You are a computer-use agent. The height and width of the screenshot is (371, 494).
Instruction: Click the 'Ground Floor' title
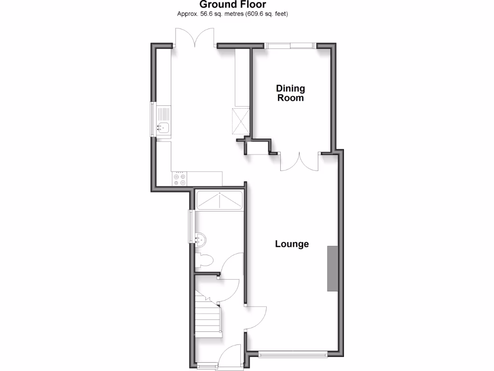(x=233, y=5)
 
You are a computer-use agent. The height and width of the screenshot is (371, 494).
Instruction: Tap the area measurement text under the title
(x=233, y=14)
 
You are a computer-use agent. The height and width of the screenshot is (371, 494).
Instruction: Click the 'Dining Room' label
(x=290, y=93)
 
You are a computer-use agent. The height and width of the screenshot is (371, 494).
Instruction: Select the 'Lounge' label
(x=292, y=244)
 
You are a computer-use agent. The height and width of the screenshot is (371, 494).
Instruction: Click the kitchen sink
(x=163, y=128)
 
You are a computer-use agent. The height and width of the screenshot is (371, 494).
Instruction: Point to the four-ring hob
(x=179, y=179)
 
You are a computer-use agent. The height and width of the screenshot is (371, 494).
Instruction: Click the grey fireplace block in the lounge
(x=332, y=268)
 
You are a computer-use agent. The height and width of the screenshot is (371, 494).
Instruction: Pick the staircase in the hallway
(x=209, y=317)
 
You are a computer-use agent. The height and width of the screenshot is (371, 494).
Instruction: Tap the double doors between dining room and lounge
(x=300, y=162)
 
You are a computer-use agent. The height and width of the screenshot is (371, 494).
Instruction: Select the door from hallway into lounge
(x=256, y=317)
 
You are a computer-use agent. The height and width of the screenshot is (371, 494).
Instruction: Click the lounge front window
(x=293, y=354)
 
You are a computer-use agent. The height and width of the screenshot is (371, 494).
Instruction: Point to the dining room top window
(x=290, y=46)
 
